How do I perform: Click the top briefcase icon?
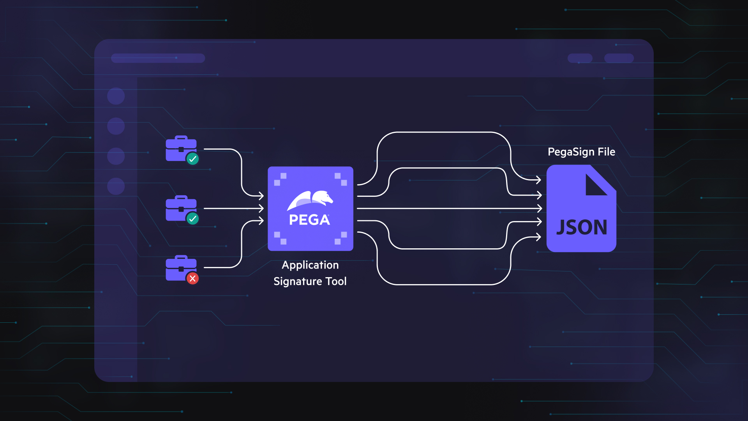coord(181,148)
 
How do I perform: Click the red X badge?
coord(192,278)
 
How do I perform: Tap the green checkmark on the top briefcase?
coord(192,159)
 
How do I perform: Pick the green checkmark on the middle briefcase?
coord(192,219)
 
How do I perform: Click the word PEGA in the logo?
coord(309,220)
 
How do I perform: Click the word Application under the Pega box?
coord(310,265)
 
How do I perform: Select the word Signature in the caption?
coord(298,281)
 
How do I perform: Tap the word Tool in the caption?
coord(336,281)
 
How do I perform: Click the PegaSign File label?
coord(581,152)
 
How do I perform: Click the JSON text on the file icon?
coord(581,227)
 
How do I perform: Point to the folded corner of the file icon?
coord(595,186)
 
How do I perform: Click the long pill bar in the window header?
coord(158,58)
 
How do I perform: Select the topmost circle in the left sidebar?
coord(116,96)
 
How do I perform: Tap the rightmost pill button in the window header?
coord(619,58)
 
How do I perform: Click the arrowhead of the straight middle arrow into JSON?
coord(539,209)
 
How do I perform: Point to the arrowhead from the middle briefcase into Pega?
coord(261,209)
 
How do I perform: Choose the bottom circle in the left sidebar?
coord(116,186)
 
